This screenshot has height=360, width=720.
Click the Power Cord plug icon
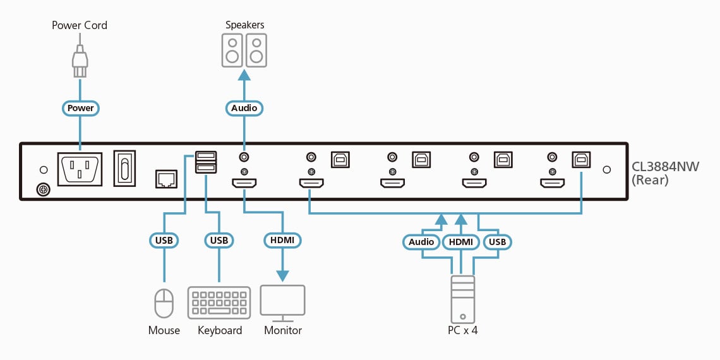click(80, 62)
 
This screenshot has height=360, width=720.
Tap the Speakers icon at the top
click(244, 51)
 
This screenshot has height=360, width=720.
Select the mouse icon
click(164, 303)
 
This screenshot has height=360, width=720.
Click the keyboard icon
click(219, 303)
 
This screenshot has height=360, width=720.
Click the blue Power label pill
click(81, 108)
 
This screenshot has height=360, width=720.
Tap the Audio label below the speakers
click(244, 108)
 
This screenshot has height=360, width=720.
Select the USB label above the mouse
click(164, 241)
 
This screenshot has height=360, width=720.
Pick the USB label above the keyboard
click(219, 241)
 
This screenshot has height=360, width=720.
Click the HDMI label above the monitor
click(282, 241)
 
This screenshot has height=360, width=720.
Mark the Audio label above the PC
click(421, 242)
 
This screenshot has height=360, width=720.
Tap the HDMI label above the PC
click(461, 242)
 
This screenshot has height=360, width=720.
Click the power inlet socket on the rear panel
click(80, 169)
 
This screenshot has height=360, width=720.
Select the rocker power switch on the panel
click(124, 169)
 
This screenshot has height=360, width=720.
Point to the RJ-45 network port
click(166, 179)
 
